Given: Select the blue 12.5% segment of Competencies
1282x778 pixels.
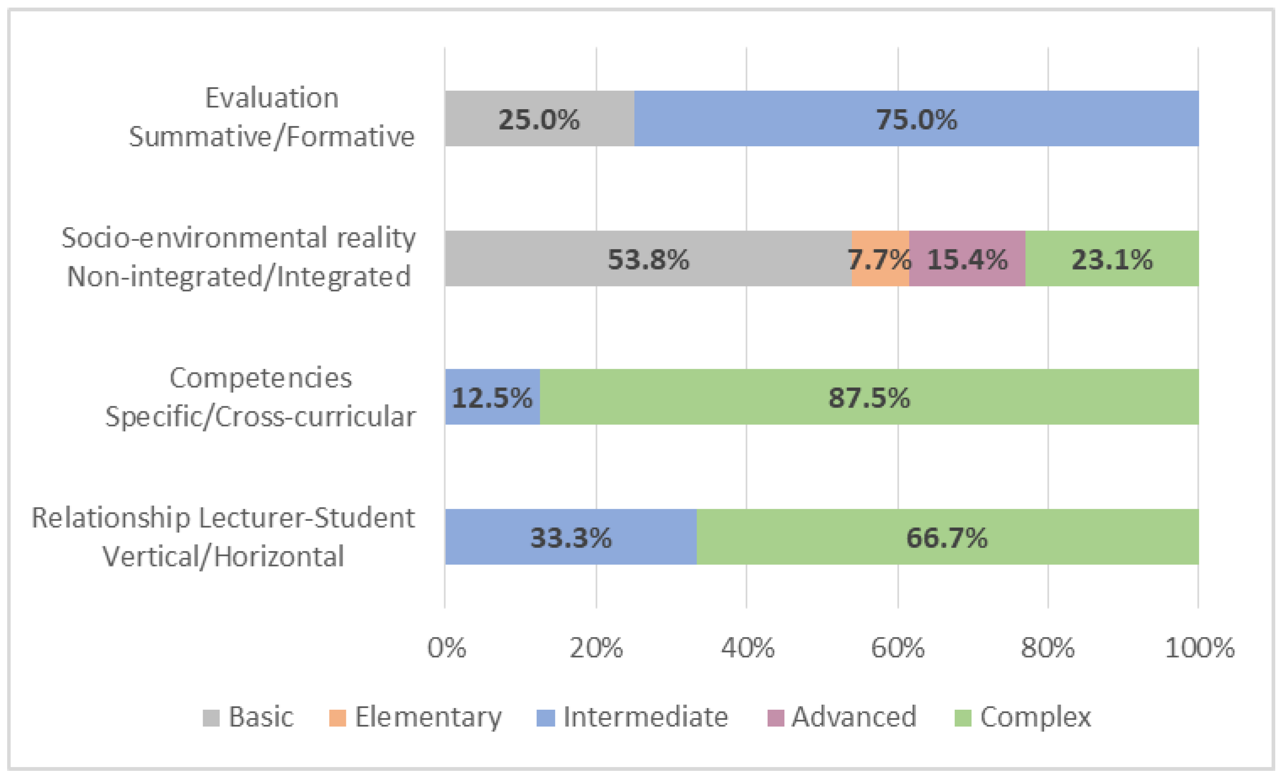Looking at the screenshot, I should pos(492,397).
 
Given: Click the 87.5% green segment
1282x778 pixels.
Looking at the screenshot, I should pos(869,397).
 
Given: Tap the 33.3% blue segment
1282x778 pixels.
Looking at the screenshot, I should pos(570,537).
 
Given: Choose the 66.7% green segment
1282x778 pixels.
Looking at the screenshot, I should pos(947,537).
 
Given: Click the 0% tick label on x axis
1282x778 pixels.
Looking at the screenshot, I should pos(446,648).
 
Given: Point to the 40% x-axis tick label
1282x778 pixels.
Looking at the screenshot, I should pos(747,648).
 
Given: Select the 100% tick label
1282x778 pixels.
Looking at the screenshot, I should pos(1199,648).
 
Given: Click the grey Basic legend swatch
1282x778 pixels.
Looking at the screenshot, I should pos(211,718).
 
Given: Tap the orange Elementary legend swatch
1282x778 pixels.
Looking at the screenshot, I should pos(338,718).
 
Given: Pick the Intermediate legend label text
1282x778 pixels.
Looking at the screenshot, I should pos(645,716).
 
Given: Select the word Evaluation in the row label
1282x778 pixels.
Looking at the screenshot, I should pos(272,98).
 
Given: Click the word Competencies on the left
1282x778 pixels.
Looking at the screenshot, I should pos(261,378).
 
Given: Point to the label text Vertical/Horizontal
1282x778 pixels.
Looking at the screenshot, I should pos(223,556).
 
